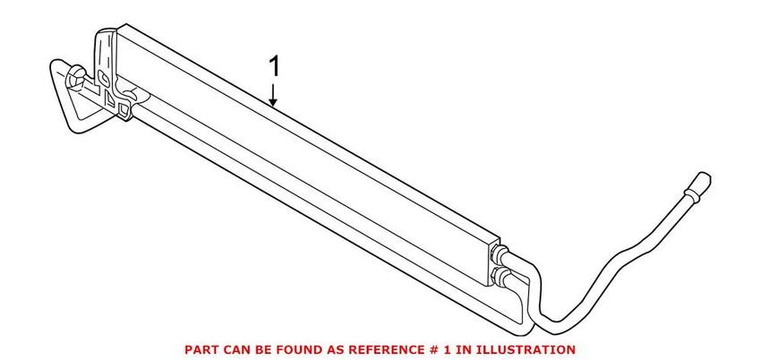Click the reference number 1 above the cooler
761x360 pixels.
click(x=276, y=66)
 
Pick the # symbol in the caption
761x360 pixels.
click(x=426, y=348)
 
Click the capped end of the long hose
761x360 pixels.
click(x=697, y=184)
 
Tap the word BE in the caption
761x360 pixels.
click(x=264, y=348)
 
